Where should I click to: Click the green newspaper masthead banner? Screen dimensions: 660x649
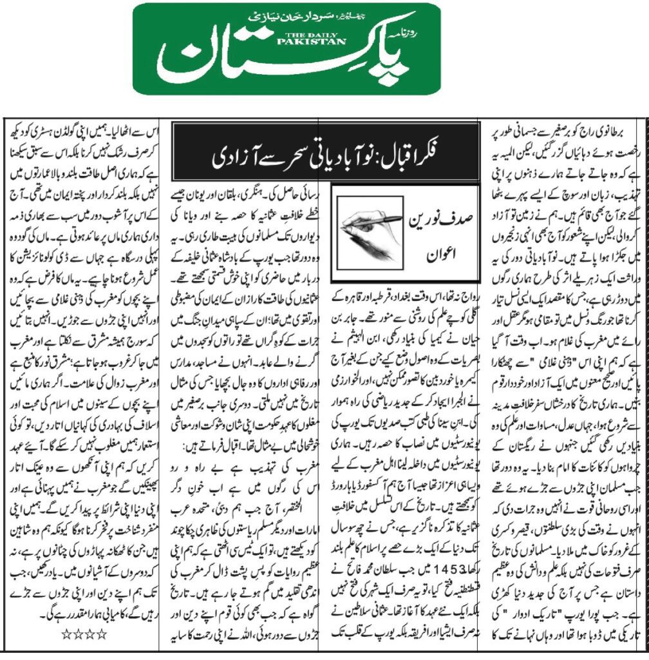pyautogui.click(x=287, y=48)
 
